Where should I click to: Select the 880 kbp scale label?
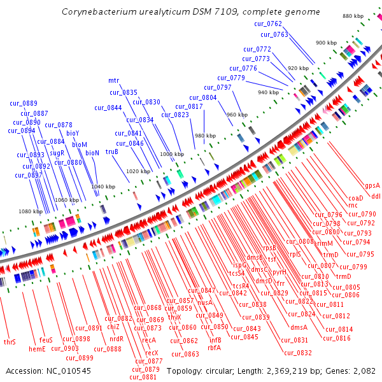click(x=352, y=16)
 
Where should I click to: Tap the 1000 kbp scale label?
click(x=171, y=154)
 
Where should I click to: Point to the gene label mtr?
click(x=113, y=81)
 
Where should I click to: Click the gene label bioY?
click(x=73, y=133)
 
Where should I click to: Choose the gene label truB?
click(x=112, y=152)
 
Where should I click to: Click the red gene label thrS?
click(x=10, y=342)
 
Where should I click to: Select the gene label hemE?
click(x=37, y=348)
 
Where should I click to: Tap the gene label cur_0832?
click(x=298, y=352)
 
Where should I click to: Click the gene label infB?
click(x=215, y=339)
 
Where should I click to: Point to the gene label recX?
click(x=152, y=352)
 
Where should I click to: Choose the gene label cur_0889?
click(x=24, y=103)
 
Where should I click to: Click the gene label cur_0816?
click(x=337, y=338)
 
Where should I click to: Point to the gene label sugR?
click(x=57, y=153)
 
